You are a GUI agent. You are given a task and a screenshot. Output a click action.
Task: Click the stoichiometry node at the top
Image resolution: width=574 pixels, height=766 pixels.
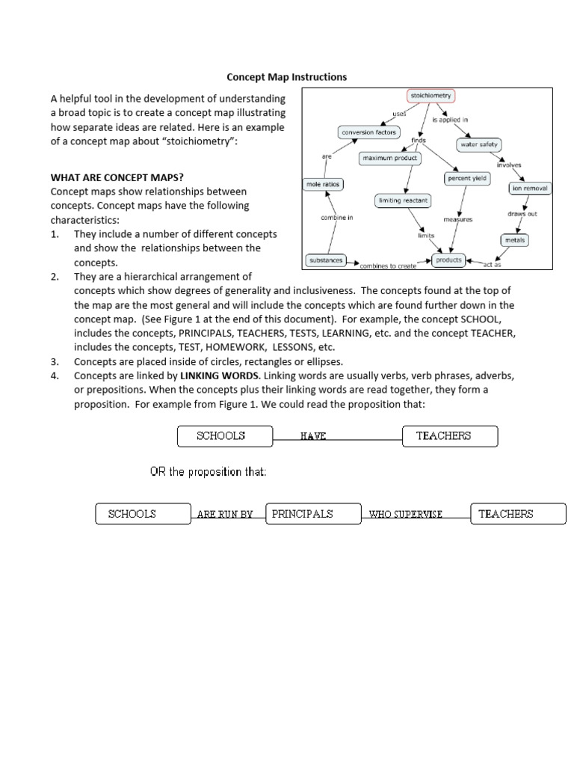click(430, 96)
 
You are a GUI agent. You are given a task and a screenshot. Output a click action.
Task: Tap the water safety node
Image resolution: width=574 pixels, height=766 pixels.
click(478, 144)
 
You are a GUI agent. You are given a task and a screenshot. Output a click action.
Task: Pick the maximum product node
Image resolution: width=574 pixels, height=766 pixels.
click(390, 159)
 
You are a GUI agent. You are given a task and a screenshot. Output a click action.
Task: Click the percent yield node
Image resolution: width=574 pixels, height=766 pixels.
click(466, 179)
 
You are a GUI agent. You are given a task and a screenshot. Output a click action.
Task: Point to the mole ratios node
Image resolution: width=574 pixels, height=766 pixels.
click(322, 184)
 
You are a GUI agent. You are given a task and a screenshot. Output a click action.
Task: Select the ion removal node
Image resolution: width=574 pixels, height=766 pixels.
click(529, 189)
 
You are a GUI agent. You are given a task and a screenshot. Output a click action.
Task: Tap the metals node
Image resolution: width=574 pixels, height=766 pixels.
click(515, 240)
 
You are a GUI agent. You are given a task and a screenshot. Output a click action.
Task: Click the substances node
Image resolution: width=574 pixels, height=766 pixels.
click(326, 260)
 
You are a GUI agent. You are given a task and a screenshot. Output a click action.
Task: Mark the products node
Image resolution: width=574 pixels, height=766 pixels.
click(449, 260)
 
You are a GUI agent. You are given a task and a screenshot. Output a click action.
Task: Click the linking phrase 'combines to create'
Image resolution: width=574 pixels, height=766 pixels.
click(387, 266)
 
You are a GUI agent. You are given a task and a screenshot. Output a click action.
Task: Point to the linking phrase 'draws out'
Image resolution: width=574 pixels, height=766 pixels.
click(522, 214)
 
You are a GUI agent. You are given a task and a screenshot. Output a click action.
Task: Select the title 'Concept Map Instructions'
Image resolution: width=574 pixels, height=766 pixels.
click(287, 77)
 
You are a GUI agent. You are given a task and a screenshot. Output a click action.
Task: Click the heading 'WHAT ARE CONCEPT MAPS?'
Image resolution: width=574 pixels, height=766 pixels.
click(117, 178)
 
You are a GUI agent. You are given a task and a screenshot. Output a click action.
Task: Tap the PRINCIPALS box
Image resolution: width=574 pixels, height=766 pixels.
click(302, 514)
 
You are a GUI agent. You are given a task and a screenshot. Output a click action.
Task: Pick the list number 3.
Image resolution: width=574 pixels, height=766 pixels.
click(55, 361)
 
